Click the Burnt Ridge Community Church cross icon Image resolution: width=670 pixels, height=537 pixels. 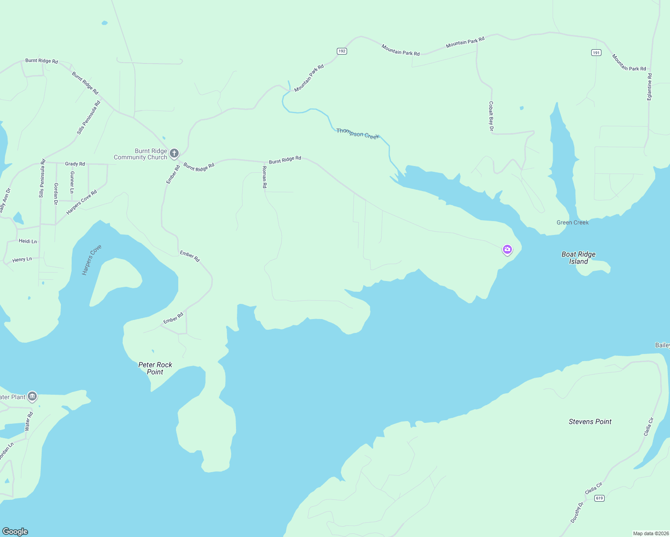174,153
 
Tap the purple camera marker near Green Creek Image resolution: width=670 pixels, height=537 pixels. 507,249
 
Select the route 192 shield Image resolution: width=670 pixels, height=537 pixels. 342,51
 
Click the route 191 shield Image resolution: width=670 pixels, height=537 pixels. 596,53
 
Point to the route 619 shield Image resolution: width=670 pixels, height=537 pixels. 600,498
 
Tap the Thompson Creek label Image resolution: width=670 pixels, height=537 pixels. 357,133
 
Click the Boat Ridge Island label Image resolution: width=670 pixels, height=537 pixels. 578,258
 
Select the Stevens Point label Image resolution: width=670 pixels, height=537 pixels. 590,422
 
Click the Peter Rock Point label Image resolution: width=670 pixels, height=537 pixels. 155,368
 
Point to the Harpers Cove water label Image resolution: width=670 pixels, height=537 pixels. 92,260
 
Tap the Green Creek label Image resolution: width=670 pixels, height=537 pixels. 572,222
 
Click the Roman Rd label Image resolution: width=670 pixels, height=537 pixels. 264,177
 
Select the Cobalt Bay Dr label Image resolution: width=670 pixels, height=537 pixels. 491,116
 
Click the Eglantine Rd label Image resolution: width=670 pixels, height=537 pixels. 649,87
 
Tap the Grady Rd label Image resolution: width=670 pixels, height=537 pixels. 75,164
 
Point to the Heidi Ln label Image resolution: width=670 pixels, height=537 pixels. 28,241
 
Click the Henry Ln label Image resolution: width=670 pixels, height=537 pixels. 22,260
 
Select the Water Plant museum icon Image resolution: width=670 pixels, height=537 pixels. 32,396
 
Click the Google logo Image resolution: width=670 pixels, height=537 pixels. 15,532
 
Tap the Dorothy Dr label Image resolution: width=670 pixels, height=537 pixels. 577,512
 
